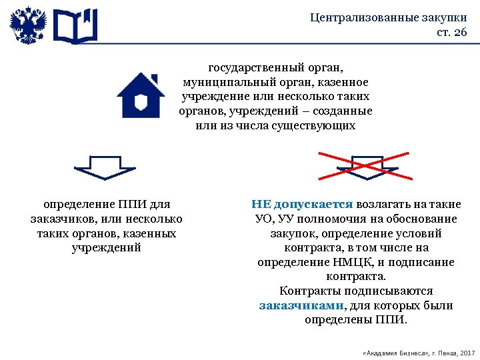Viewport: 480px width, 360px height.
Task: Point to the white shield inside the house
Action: pyautogui.click(x=141, y=102)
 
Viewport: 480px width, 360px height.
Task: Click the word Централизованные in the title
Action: pyautogui.click(x=363, y=18)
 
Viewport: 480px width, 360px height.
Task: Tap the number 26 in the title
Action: pyautogui.click(x=461, y=33)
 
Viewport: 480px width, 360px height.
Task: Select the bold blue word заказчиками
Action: pyautogui.click(x=301, y=306)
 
